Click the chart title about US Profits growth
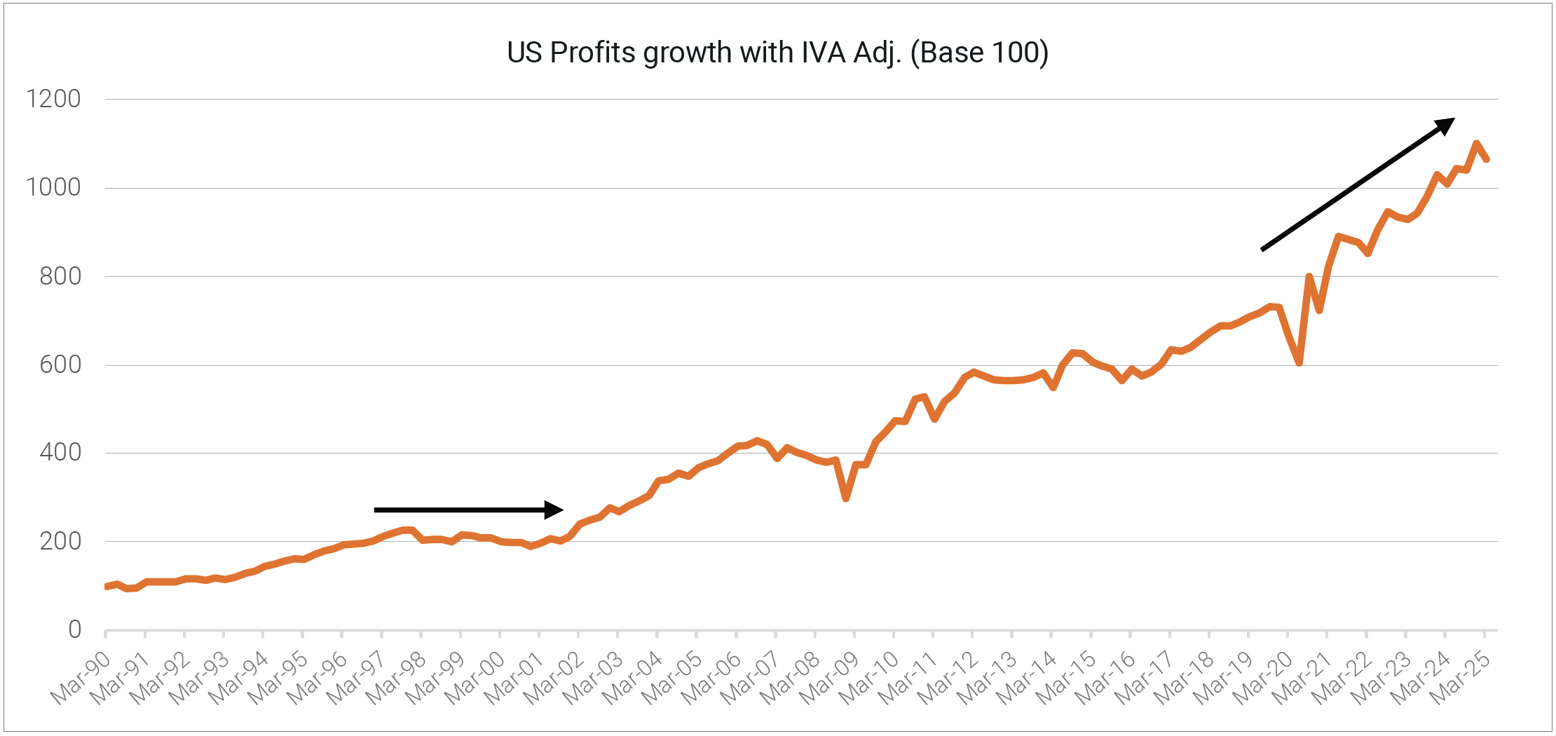[x=777, y=53]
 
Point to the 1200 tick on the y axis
[x=53, y=99]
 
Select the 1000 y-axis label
[x=53, y=187]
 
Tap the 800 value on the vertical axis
[x=60, y=276]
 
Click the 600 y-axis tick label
[x=60, y=364]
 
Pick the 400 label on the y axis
[x=60, y=453]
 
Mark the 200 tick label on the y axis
[x=60, y=541]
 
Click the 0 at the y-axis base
[x=74, y=629]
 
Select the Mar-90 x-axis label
[x=81, y=677]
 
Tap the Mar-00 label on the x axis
[x=475, y=677]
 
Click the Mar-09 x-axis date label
[x=829, y=677]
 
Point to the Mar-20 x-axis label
[x=1262, y=677]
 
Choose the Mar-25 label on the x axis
[x=1459, y=677]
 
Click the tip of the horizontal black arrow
[x=562, y=510]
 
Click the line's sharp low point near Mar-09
[x=846, y=498]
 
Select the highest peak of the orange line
[x=1476, y=144]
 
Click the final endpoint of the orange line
[x=1486, y=160]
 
